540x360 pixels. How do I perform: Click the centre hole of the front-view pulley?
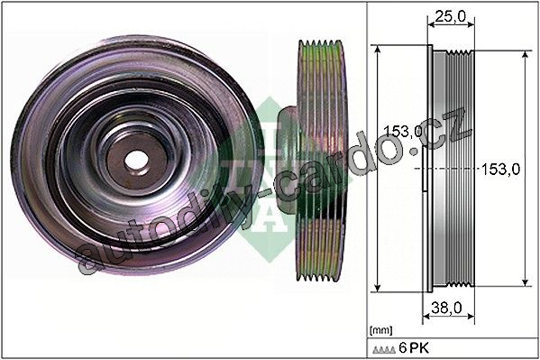tap(136, 161)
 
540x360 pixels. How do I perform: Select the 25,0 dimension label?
tap(450, 16)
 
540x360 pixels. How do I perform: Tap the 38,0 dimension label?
tap(446, 308)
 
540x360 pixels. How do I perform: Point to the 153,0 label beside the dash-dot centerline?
tap(500, 170)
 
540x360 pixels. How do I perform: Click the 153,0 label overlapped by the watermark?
tap(403, 131)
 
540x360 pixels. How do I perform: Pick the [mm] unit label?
tap(380, 330)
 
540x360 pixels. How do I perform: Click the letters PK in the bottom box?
tap(419, 348)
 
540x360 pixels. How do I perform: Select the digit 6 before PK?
tap(403, 348)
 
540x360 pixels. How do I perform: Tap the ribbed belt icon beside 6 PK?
tap(384, 350)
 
